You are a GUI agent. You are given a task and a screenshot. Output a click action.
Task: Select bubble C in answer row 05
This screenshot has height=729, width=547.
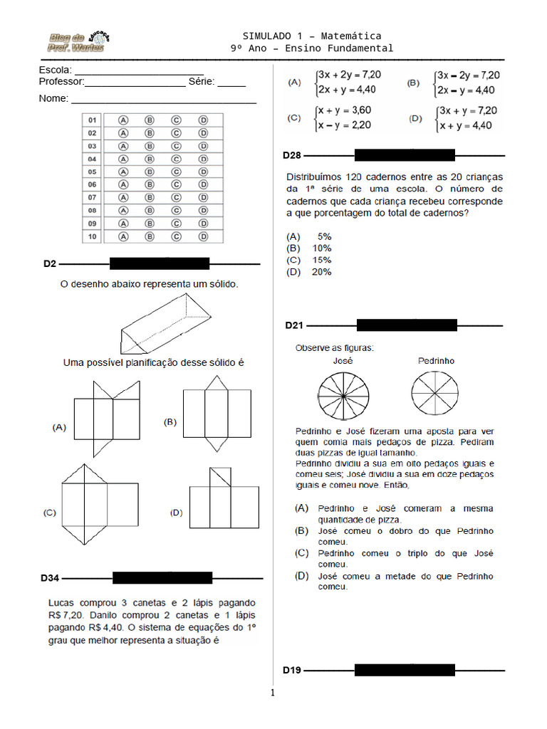click(176, 172)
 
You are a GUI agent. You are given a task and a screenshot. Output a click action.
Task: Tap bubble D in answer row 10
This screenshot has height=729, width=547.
click(203, 236)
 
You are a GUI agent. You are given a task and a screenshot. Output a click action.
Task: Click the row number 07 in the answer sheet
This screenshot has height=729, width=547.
click(93, 197)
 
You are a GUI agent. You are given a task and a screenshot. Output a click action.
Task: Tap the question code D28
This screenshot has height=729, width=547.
click(292, 154)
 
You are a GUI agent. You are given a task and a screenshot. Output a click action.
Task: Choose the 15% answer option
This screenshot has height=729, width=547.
click(321, 260)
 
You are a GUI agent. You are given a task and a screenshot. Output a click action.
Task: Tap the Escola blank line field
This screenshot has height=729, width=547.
click(139, 70)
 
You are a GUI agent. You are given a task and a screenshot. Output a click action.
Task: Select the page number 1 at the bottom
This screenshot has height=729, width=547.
click(272, 693)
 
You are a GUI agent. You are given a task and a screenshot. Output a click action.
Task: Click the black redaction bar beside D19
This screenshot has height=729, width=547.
click(405, 670)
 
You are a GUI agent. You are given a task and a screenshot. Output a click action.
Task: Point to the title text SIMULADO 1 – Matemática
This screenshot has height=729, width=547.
click(311, 36)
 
